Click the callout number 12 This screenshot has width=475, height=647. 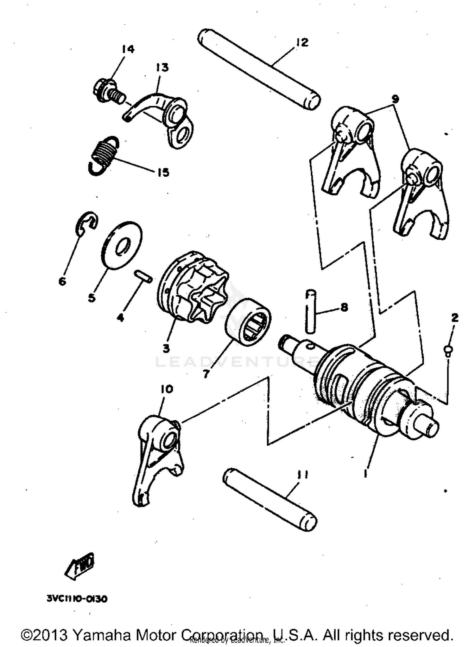[x=302, y=42]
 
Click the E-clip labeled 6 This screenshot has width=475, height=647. [x=87, y=223]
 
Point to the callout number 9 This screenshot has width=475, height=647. [x=395, y=99]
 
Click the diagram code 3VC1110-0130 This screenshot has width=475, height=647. [x=77, y=599]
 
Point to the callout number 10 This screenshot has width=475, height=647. [x=167, y=389]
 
